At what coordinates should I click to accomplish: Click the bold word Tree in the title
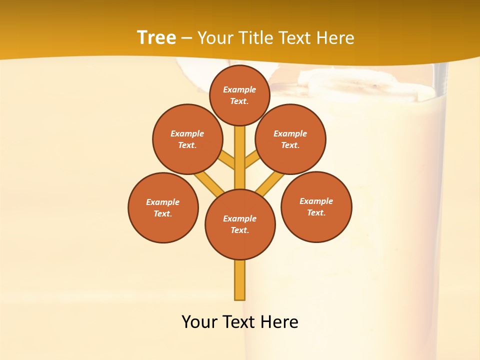(156, 37)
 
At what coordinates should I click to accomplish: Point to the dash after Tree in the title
(186, 38)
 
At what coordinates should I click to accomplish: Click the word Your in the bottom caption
(199, 321)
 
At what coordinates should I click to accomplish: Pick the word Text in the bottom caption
(238, 321)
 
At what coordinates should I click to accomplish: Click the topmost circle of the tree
(239, 95)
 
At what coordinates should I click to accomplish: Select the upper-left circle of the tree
(187, 139)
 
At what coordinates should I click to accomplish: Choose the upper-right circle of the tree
(290, 139)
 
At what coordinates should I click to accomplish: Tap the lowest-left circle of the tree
(163, 207)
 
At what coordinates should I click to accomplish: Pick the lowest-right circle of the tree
(316, 206)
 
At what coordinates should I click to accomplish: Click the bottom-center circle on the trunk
(240, 224)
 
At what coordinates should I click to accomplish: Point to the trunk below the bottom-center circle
(240, 280)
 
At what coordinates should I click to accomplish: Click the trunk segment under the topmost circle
(240, 150)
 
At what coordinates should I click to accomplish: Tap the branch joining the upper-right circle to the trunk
(252, 160)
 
